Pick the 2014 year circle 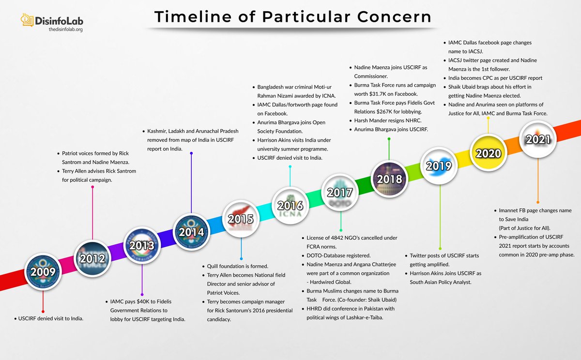click(191, 231)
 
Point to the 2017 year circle click(340, 192)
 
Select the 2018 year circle click(390, 179)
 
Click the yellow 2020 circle click(488, 153)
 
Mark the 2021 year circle click(538, 139)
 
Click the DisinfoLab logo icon click(27, 20)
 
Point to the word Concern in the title click(392, 17)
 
